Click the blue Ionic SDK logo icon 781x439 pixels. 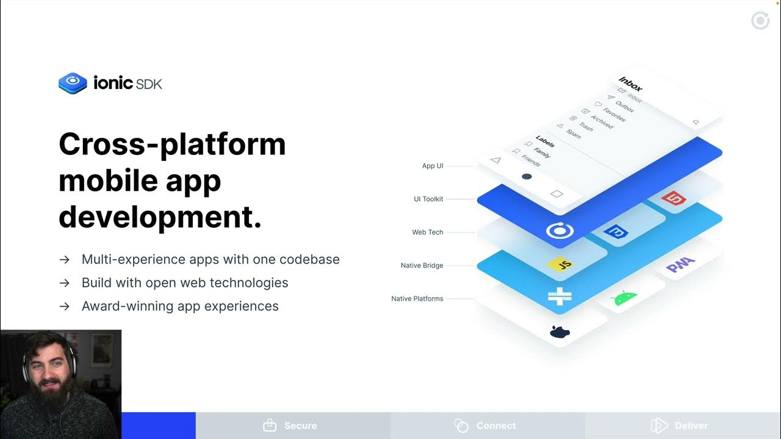pos(73,82)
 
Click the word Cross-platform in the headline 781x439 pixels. pos(172,145)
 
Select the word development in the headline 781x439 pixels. pos(160,217)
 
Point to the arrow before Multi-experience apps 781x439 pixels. pos(64,260)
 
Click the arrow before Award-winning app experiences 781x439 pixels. pos(64,306)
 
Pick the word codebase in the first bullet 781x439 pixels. pos(309,259)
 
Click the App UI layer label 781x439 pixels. pos(432,166)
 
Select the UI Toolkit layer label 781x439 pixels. pos(428,199)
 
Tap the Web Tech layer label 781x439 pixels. pos(427,232)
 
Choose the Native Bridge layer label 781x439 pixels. pos(422,265)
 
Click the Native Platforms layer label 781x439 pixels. pos(417,299)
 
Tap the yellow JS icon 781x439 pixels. pos(560,265)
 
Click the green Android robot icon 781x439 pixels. pos(624,298)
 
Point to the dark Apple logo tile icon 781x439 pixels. pos(559,332)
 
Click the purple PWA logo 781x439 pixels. pos(680,265)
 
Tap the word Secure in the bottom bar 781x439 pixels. pos(300,426)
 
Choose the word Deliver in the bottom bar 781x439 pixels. pos(691,426)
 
